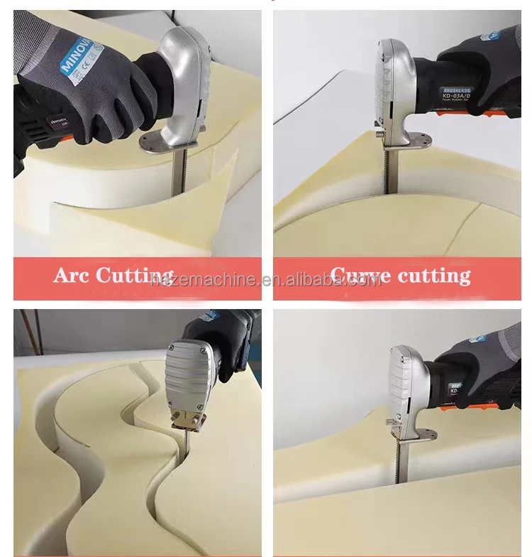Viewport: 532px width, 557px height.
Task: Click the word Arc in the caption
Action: point(71,276)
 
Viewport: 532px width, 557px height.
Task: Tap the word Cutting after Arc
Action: point(135,276)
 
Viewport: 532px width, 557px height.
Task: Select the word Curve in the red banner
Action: point(360,276)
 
